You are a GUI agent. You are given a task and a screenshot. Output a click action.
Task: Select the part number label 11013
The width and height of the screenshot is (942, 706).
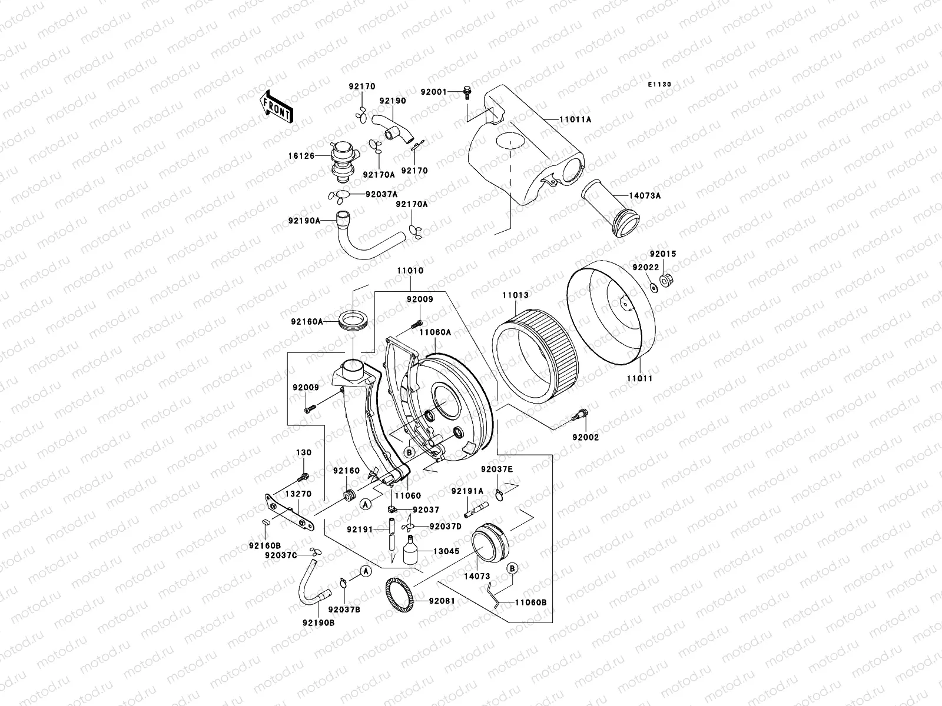515,295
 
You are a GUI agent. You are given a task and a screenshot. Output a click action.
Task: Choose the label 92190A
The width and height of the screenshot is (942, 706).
304,221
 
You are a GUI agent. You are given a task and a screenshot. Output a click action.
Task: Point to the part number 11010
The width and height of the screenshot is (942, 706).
410,271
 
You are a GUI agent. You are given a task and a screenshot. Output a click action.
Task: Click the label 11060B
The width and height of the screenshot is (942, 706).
531,602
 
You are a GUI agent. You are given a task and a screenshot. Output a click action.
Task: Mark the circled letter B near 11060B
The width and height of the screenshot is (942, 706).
512,569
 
